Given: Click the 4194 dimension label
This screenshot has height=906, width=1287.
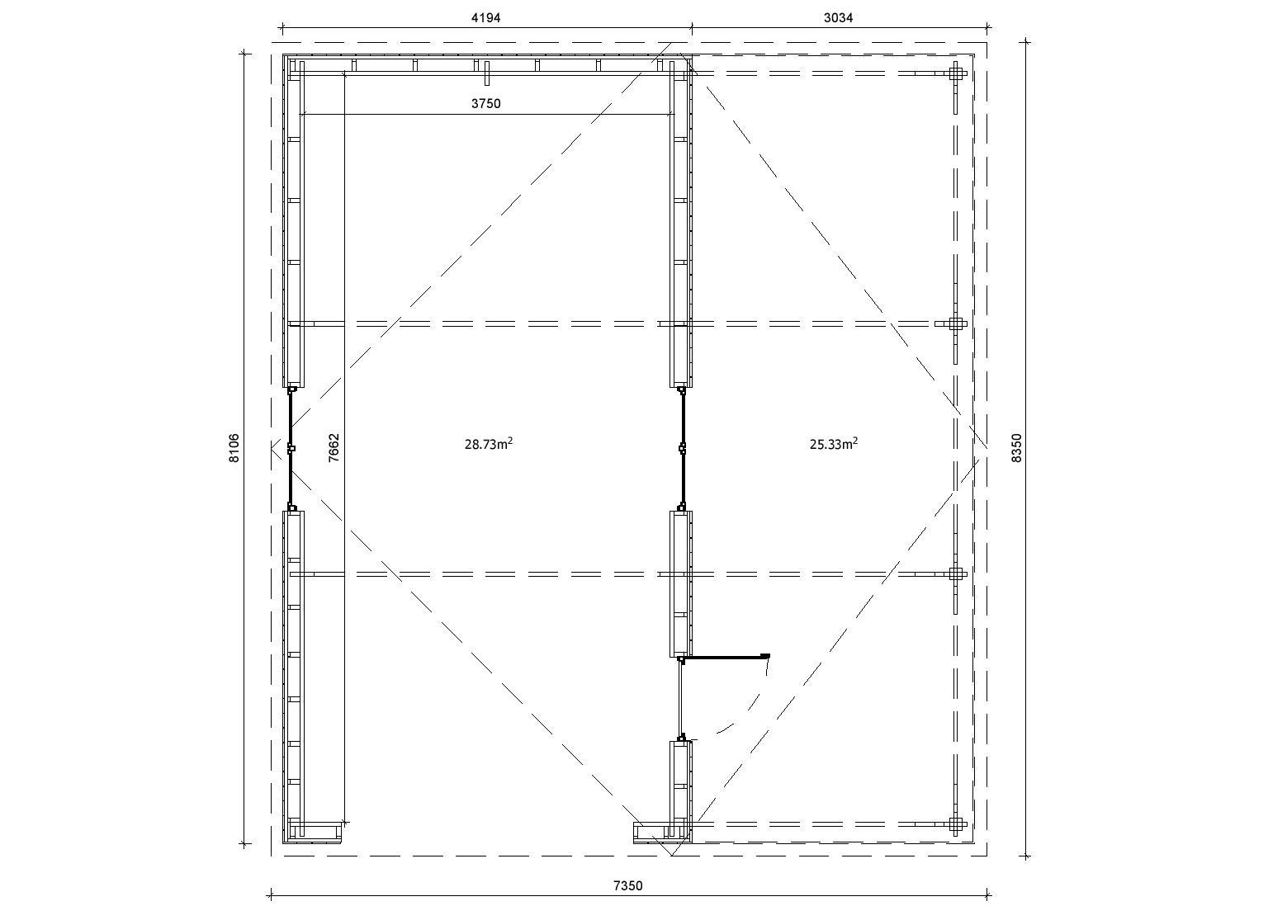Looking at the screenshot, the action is pos(485,18).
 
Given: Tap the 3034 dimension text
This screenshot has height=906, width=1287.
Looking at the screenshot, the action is pos(838,18).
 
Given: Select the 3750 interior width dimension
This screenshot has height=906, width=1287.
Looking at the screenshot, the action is pos(486,104).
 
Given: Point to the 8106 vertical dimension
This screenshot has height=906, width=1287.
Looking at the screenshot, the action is pos(234,448).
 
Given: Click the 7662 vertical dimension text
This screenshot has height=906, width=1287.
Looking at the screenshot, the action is pos(334,448).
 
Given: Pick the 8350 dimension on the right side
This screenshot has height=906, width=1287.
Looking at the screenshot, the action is pos(1017,448).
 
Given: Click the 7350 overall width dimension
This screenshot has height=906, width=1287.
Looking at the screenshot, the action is pos(628,886).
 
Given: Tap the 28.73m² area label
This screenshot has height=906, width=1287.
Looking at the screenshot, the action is pos(489,444).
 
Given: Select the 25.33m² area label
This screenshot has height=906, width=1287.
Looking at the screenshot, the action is pos(834,444).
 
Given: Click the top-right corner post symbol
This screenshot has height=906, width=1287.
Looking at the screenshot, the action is pos(955,73).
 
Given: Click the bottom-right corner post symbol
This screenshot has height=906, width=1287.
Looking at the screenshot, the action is pos(955,824).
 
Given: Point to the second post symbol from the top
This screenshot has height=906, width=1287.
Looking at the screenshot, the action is pos(955,323).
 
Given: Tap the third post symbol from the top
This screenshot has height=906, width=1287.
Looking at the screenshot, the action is pos(955,574).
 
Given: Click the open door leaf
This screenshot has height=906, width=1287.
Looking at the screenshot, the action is pos(725,656).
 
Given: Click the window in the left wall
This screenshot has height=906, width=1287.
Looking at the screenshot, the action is pos(291,448).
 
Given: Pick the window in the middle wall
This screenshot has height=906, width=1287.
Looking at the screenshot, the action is pos(683,448).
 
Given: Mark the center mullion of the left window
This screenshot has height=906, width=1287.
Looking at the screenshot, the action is pos(291,448).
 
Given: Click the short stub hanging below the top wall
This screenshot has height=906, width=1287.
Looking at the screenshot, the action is pos(487,73).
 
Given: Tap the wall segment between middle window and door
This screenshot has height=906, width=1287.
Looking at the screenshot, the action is pos(681,583).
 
